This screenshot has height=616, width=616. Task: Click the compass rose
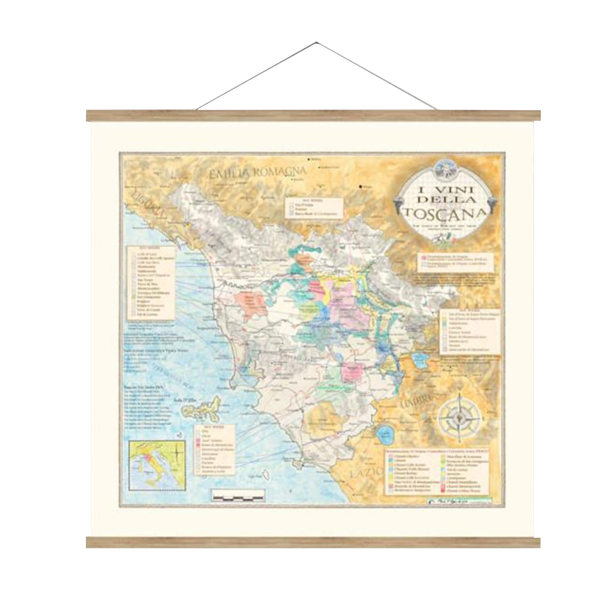point(460,419)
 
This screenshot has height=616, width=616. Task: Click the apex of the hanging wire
point(316,42)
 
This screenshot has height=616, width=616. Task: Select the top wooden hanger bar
point(313,116)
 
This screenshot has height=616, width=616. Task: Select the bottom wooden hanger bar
point(313,542)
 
